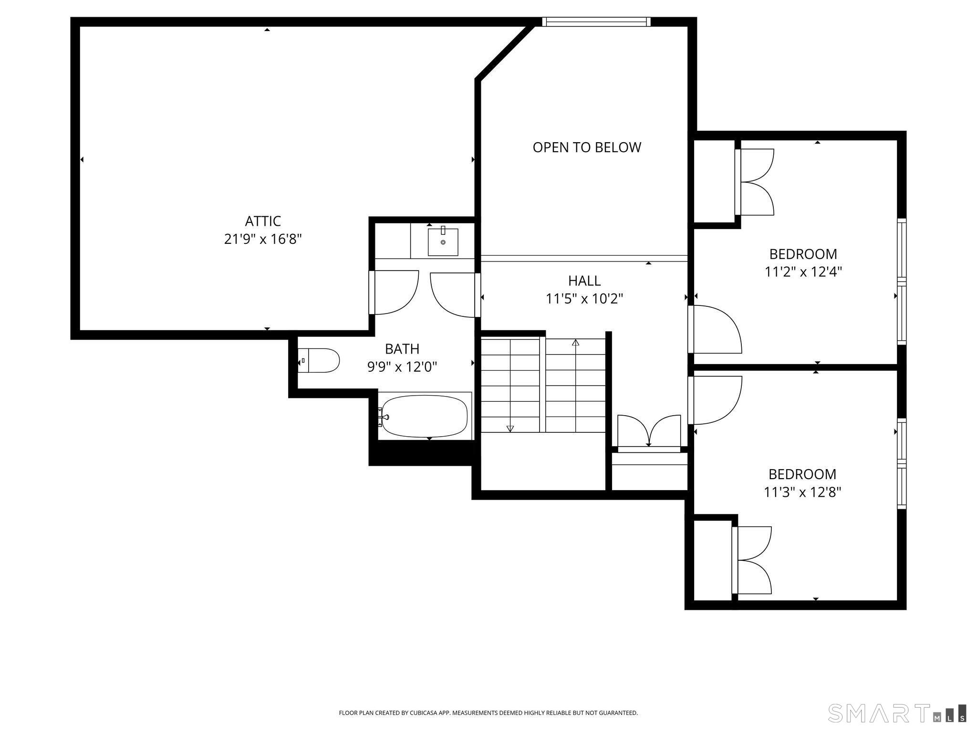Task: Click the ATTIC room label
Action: pyautogui.click(x=263, y=221)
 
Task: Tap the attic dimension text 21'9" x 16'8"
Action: pyautogui.click(x=263, y=239)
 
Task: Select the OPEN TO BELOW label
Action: pyautogui.click(x=587, y=147)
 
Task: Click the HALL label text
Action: pyautogui.click(x=584, y=281)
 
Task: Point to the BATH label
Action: pyautogui.click(x=402, y=349)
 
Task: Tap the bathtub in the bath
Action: pyautogui.click(x=425, y=416)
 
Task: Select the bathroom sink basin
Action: pyautogui.click(x=443, y=242)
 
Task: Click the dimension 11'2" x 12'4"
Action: pyautogui.click(x=803, y=272)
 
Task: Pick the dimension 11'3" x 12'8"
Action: pyautogui.click(x=802, y=492)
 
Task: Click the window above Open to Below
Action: pyautogui.click(x=596, y=21)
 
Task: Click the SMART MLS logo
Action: pyautogui.click(x=897, y=713)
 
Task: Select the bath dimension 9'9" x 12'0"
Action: pyautogui.click(x=402, y=367)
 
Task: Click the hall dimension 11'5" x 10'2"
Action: pyautogui.click(x=584, y=299)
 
